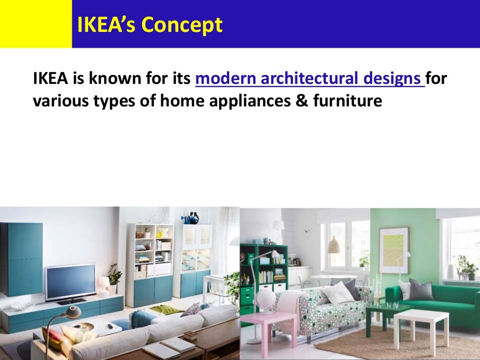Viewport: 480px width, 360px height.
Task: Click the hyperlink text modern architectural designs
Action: [x=310, y=79]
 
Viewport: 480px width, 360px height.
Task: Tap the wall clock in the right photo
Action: [x=307, y=232]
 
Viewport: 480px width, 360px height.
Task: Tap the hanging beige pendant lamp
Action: [x=334, y=245]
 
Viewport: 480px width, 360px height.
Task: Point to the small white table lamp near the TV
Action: [x=103, y=284]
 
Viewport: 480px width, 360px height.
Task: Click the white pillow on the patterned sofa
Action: [x=338, y=292]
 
